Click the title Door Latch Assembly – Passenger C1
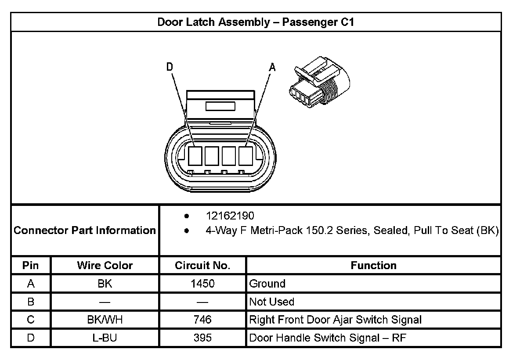[x=256, y=22]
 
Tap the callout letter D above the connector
[x=170, y=67]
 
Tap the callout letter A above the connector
[x=272, y=67]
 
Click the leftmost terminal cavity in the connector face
[x=195, y=156]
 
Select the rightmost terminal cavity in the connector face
[x=246, y=156]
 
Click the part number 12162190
[x=230, y=216]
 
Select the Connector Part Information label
[x=85, y=230]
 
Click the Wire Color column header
[x=105, y=266]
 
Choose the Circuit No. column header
[x=202, y=266]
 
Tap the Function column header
[x=373, y=266]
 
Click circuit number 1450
[x=202, y=284]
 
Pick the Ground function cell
[x=267, y=284]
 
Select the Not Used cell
[x=272, y=302]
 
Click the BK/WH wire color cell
[x=105, y=320]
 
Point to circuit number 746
[x=202, y=320]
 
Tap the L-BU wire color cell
[x=105, y=338]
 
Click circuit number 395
[x=202, y=338]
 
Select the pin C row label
[x=31, y=320]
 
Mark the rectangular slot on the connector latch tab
[x=220, y=106]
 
